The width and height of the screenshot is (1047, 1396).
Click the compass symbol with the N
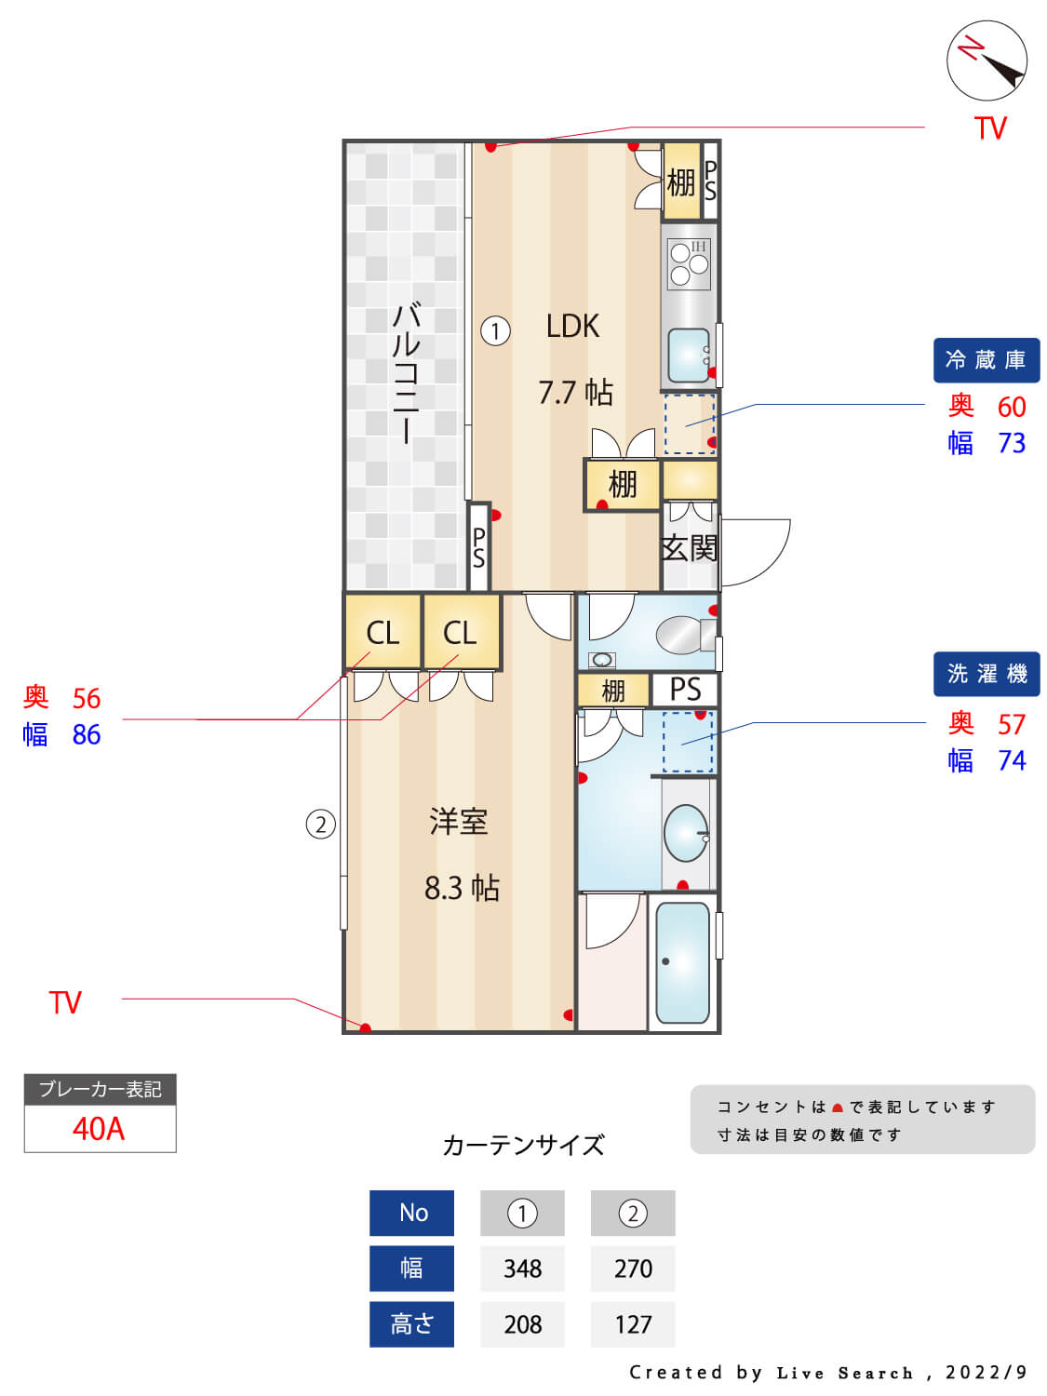[x=987, y=60]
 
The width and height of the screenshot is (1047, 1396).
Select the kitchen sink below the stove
[x=689, y=355]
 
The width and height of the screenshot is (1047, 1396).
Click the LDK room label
[x=572, y=327]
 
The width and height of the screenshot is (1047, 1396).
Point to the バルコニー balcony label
[x=407, y=373]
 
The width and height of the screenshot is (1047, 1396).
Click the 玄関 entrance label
[x=690, y=548]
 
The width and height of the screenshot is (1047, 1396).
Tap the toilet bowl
[x=683, y=635]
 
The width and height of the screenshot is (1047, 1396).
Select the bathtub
[x=683, y=962]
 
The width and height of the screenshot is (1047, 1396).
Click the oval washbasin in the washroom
[x=686, y=833]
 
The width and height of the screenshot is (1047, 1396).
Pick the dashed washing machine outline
[x=688, y=742]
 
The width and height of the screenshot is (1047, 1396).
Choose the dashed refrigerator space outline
[x=690, y=423]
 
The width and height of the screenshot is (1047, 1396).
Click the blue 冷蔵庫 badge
[x=986, y=360]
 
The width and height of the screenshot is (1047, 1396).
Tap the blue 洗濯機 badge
[x=986, y=674]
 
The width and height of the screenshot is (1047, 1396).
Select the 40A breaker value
[x=99, y=1129]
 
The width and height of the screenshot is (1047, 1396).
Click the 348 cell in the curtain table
[x=522, y=1268]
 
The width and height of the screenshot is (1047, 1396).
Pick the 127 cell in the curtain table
[x=633, y=1323]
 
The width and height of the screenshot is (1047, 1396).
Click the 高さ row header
[x=411, y=1323]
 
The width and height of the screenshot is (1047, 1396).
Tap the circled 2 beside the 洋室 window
[x=320, y=824]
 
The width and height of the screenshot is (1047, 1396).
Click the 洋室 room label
[x=458, y=822]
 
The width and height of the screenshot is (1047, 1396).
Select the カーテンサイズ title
[x=523, y=1145]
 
